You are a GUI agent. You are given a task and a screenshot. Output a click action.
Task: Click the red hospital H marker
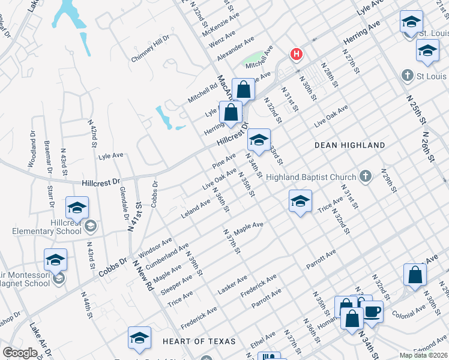(296, 55)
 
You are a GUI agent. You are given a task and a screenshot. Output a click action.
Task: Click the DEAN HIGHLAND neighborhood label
(350, 145)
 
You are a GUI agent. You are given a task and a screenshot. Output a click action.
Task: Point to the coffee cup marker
(372, 311)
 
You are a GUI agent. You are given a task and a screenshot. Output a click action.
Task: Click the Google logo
(20, 353)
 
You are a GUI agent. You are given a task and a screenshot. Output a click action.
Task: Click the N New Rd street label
(143, 275)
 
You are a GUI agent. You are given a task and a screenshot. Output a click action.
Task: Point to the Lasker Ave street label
(232, 284)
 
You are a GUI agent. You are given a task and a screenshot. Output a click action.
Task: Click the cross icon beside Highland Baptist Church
(366, 176)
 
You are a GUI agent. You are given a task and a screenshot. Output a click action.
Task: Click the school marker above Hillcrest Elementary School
(77, 208)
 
